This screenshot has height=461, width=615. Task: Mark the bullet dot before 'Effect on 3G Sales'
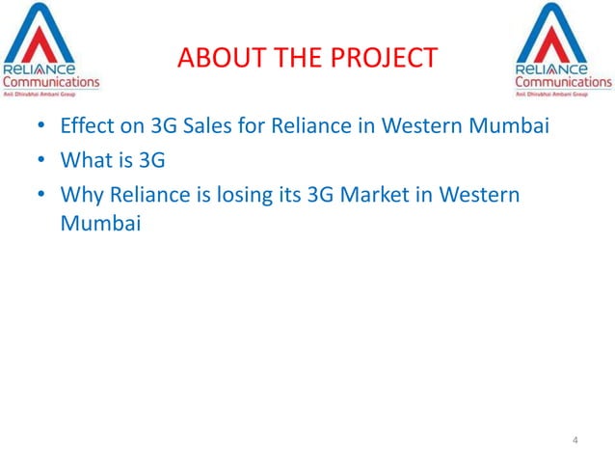click(41, 127)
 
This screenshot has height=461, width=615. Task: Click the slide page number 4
click(575, 441)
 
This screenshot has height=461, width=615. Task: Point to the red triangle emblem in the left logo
click(49, 36)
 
